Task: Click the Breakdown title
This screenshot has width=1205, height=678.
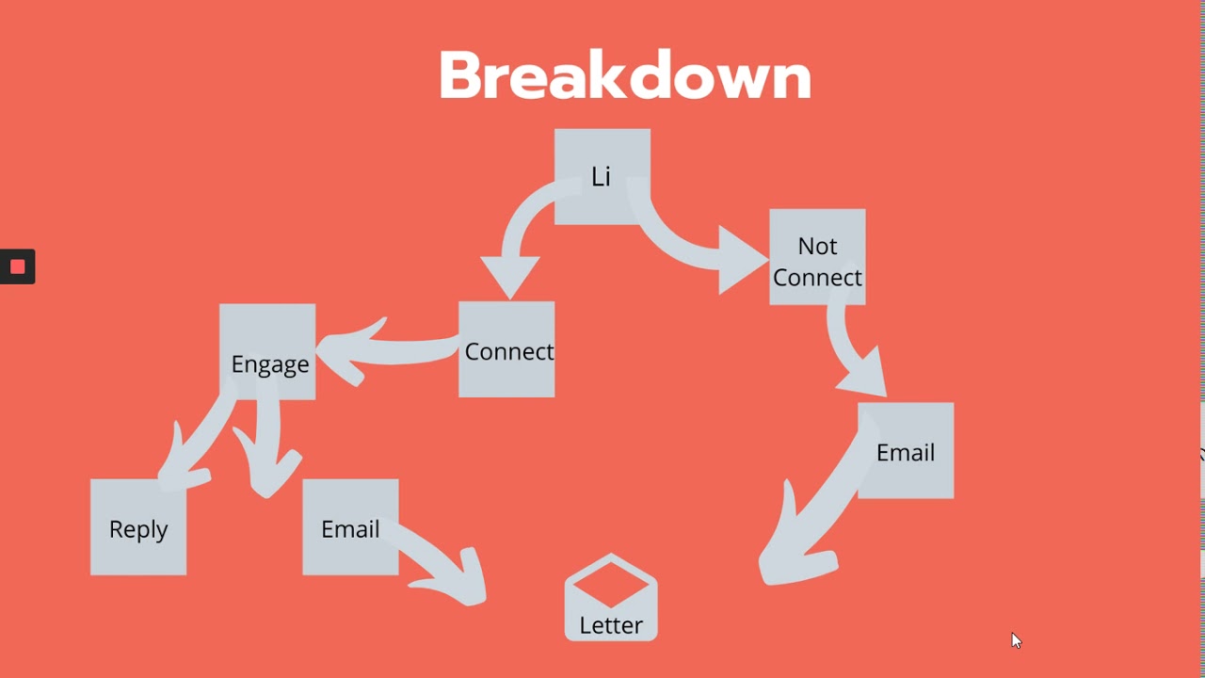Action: [x=624, y=75]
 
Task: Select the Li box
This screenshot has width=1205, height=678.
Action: [x=602, y=176]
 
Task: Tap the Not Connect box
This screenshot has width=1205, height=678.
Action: [x=817, y=256]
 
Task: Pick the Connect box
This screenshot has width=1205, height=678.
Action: [x=506, y=349]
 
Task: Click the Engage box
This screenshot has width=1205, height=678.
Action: [x=267, y=351]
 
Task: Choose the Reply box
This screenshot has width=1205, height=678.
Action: [x=138, y=527]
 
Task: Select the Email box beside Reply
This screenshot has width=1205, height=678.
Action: [x=350, y=527]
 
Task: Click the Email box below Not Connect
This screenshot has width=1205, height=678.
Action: [x=906, y=450]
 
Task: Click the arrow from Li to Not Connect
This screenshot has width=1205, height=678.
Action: [x=706, y=250]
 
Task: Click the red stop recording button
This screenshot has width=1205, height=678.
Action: [x=17, y=266]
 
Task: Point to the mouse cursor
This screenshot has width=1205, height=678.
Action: [x=1016, y=640]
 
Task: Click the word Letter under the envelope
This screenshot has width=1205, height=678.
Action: [x=611, y=625]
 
